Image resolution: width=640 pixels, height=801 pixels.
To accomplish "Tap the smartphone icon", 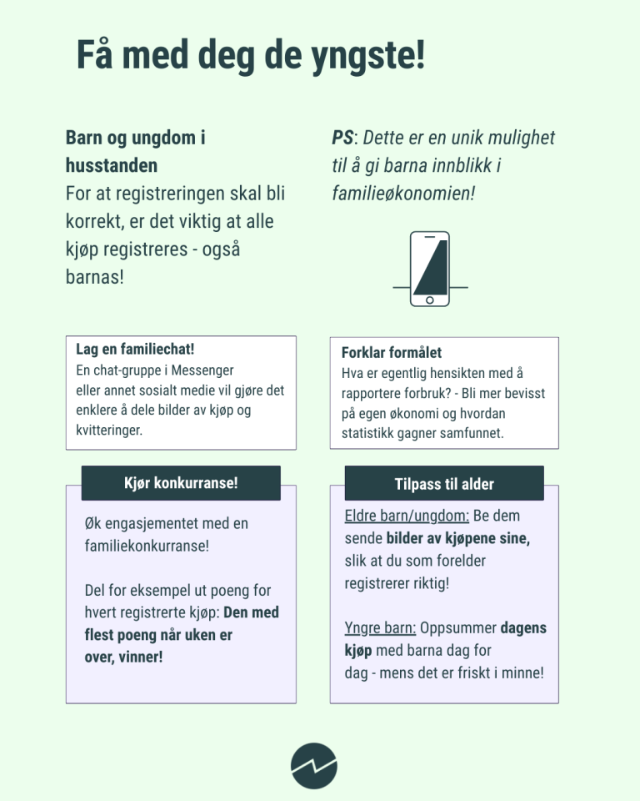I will tap(430, 269).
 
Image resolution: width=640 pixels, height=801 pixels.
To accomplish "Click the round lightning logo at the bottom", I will tap(314, 764).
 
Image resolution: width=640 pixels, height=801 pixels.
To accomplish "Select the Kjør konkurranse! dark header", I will tap(181, 483).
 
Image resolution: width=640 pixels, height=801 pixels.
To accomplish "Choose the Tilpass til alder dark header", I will tap(444, 484).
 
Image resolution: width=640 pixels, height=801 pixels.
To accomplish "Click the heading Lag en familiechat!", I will tap(135, 349).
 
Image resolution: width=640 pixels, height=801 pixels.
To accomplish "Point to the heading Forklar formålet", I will tap(392, 352).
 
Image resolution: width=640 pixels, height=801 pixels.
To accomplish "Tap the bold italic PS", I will tap(342, 138).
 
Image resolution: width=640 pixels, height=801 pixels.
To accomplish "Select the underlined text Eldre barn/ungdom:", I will tap(407, 516).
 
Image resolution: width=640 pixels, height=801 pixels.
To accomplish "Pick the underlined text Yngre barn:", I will tap(380, 627).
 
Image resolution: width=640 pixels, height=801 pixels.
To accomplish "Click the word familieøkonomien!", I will tap(403, 194).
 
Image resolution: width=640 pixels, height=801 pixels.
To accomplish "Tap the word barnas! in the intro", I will tap(94, 276).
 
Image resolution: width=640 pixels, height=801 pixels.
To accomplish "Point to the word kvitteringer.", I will tap(109, 431).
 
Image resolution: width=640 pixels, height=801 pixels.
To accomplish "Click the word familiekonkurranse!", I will tap(147, 547).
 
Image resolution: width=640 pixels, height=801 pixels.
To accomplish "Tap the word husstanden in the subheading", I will tap(112, 165).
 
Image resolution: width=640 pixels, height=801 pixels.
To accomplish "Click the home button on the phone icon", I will tap(430, 300).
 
